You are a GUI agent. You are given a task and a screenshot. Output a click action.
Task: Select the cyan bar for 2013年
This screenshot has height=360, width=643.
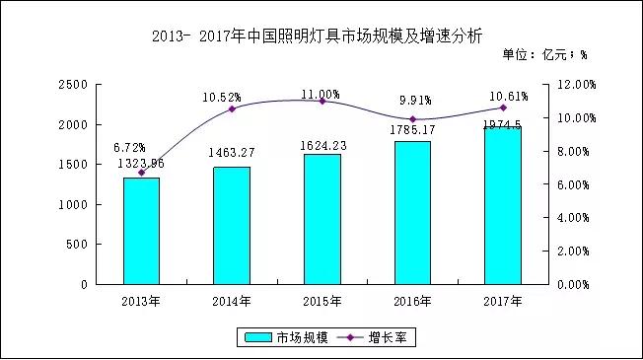(x=141, y=231)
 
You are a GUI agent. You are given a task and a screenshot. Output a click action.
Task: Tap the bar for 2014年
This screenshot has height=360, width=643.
(x=232, y=225)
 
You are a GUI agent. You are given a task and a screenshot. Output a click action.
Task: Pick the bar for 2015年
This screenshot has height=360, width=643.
(x=321, y=219)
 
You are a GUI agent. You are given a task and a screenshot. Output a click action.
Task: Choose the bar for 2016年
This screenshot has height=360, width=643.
(x=412, y=212)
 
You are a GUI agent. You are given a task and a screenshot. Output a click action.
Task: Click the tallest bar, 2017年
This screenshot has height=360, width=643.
(x=503, y=205)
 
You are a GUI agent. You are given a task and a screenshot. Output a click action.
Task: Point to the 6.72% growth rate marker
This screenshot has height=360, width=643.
(x=141, y=173)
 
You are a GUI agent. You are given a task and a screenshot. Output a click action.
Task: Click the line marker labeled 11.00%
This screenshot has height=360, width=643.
(x=321, y=101)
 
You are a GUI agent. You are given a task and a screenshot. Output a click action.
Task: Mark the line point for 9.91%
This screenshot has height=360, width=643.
(x=412, y=119)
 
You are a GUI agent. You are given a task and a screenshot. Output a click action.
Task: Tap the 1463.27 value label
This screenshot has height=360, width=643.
(x=232, y=154)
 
